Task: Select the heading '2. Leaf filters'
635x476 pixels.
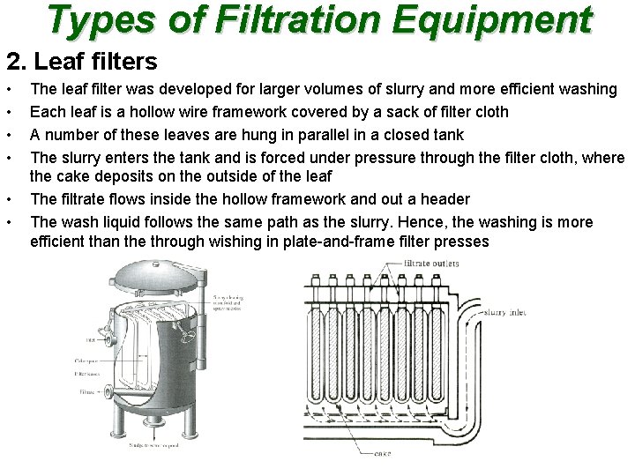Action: [x=82, y=61]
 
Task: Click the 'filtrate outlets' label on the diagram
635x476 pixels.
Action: [x=431, y=264]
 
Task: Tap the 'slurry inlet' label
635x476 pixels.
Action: [x=507, y=313]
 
